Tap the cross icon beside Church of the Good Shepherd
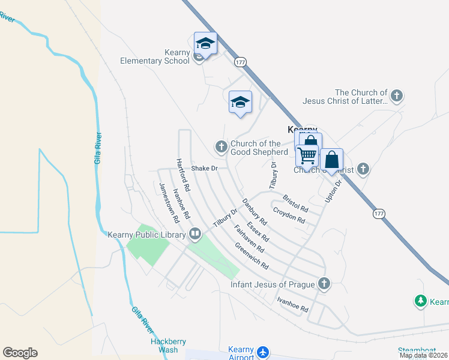point(221,146)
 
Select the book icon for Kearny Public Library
point(195,233)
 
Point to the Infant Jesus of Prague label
point(273,283)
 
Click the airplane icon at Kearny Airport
point(263,352)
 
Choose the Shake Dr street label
point(203,169)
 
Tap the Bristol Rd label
point(295,205)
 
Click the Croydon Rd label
point(289,215)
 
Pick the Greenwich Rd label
point(252,256)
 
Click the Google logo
point(20,353)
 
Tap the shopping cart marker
point(307,155)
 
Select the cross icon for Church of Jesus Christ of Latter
point(396,95)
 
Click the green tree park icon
point(421,301)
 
